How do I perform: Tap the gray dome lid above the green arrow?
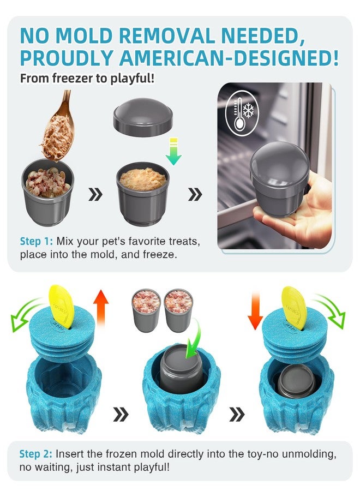coord(143,117)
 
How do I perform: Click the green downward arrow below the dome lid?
coord(173,151)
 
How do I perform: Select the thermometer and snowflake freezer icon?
coord(242,113)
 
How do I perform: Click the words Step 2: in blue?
coord(36,454)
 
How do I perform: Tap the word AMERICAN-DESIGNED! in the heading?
coord(229,58)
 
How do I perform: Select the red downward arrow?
coord(255,310)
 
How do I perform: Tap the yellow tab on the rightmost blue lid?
coord(294,308)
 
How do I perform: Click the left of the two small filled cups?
coord(146,310)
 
